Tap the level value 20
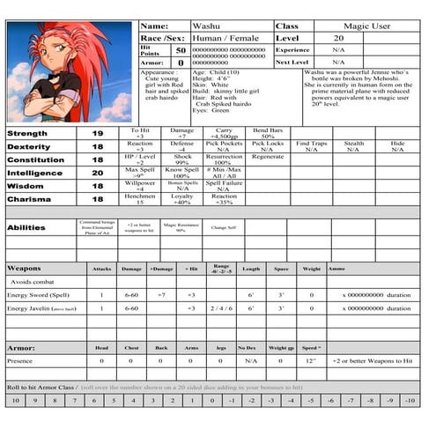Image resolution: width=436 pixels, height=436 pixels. click(x=338, y=39)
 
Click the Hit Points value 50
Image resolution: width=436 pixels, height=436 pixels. click(x=181, y=50)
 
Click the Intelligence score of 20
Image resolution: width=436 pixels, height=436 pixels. click(x=98, y=174)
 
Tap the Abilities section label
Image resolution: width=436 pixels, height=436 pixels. click(x=26, y=227)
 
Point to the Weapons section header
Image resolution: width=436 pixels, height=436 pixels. click(x=24, y=268)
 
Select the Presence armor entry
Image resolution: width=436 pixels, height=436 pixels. click(x=22, y=361)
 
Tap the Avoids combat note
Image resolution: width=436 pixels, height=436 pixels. click(x=34, y=282)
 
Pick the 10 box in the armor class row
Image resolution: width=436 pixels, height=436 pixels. click(x=14, y=401)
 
